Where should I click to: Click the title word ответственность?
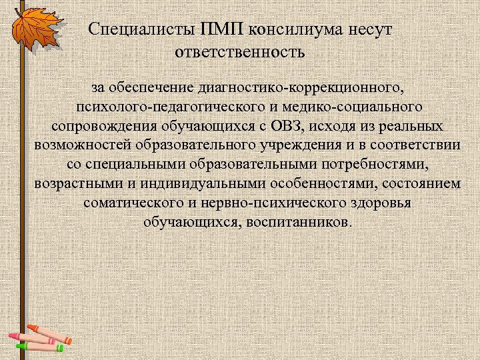coord(240,51)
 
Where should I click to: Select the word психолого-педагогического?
coord(160,107)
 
